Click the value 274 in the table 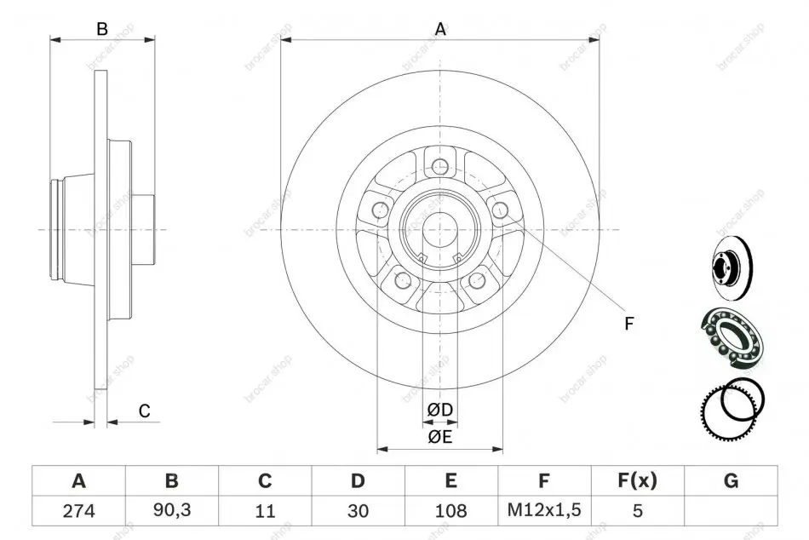click(79, 510)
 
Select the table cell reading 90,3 click(172, 510)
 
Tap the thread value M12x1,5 click(544, 510)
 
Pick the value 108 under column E click(451, 510)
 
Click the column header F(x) click(637, 480)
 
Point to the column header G click(731, 480)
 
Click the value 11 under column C click(265, 510)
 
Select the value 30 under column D click(358, 510)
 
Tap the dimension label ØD click(439, 410)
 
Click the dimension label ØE click(439, 437)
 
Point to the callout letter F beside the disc click(628, 324)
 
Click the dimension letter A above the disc click(440, 30)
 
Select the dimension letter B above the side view click(102, 30)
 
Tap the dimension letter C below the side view click(145, 411)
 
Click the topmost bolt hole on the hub click(440, 167)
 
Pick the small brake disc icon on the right click(732, 268)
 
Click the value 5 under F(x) click(637, 510)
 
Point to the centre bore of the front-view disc click(440, 229)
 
